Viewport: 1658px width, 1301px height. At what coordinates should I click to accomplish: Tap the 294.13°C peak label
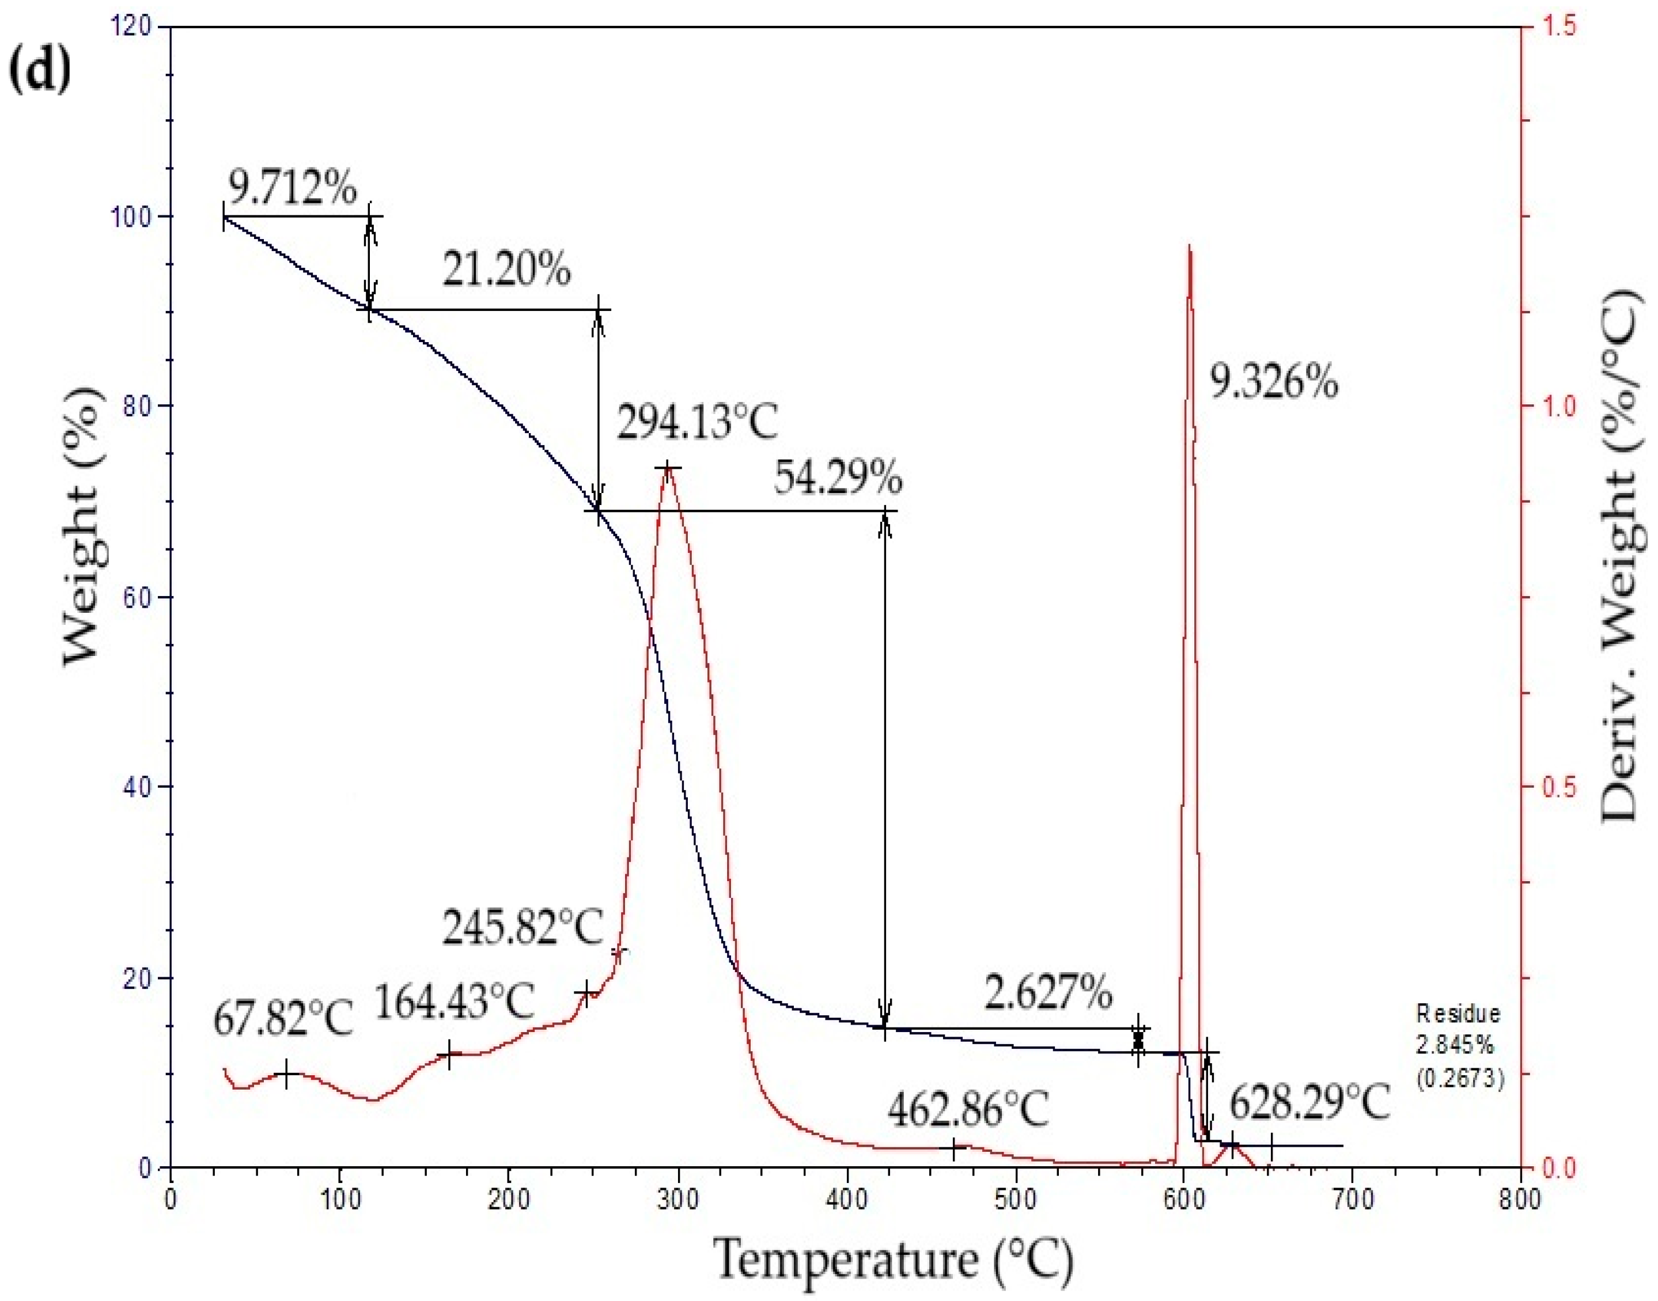pyautogui.click(x=697, y=423)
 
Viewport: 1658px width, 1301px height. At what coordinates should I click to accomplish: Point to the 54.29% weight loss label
pyautogui.click(x=838, y=479)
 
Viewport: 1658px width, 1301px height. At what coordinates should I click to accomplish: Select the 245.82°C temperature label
pyautogui.click(x=523, y=927)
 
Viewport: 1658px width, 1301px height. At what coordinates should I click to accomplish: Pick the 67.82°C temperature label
pyautogui.click(x=283, y=1018)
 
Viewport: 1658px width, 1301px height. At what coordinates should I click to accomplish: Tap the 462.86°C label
pyautogui.click(x=968, y=1109)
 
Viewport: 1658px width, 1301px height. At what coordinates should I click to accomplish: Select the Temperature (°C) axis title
pyautogui.click(x=893, y=1261)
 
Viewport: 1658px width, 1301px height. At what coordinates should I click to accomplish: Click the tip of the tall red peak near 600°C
pyautogui.click(x=1190, y=246)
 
